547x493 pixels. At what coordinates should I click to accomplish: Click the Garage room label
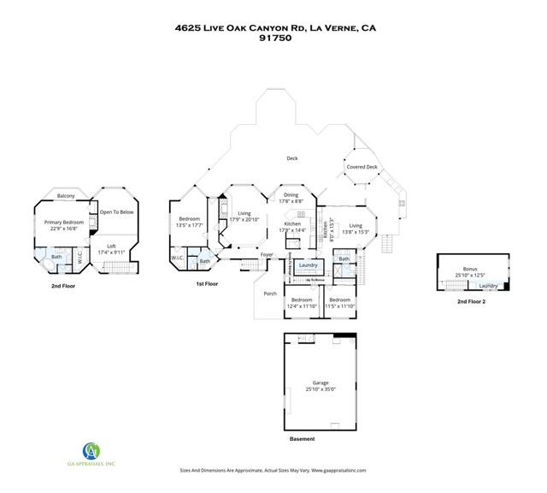point(321,383)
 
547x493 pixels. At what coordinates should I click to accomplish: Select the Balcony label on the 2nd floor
point(66,196)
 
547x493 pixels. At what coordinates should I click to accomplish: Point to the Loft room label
point(111,246)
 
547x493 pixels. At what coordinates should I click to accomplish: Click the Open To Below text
point(116,211)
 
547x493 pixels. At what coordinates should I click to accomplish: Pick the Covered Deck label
point(361,167)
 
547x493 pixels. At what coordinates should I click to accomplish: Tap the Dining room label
point(291,195)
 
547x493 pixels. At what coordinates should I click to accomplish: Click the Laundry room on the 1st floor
point(308,265)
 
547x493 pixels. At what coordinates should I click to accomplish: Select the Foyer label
point(267,254)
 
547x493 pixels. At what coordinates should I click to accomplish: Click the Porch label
point(270,294)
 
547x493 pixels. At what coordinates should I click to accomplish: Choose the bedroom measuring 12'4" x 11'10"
point(301,300)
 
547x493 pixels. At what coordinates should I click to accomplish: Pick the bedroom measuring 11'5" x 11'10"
point(340,300)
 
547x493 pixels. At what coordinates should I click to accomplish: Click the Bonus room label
point(470,269)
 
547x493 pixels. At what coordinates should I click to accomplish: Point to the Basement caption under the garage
point(302,439)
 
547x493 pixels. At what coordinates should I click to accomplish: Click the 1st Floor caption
point(207,283)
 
